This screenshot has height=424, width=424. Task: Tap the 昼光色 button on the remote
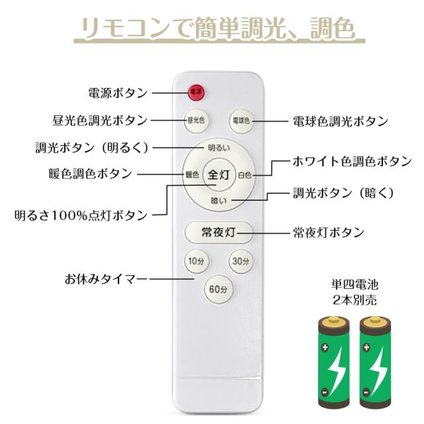point(195,121)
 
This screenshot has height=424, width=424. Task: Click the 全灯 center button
point(218,175)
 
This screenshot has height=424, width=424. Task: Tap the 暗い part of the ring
point(218,201)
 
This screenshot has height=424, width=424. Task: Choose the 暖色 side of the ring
point(191,175)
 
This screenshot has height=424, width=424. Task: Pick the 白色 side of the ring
point(244,175)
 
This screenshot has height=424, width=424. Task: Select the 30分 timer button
point(240,262)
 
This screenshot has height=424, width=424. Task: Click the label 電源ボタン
point(117,93)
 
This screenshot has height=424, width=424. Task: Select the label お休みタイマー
point(107,278)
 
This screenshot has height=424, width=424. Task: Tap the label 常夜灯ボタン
point(329,233)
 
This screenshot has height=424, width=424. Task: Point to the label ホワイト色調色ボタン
point(352,161)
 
